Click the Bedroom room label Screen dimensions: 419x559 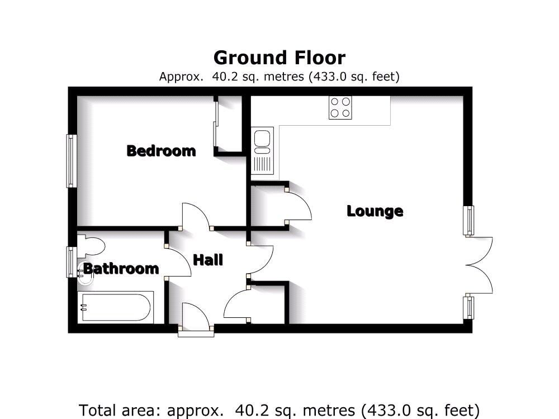(161, 151)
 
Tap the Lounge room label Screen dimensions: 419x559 (375, 211)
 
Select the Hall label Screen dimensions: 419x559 (208, 260)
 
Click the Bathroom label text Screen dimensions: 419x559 (121, 269)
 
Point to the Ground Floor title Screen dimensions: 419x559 (279, 58)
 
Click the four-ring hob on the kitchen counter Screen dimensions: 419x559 (340, 107)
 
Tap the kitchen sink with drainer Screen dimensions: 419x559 (262, 151)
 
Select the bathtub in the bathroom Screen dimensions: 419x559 (116, 307)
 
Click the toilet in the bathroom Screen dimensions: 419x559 (92, 245)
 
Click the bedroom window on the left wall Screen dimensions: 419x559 (71, 161)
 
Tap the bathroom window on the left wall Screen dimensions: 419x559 (70, 261)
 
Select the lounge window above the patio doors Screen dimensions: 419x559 (470, 220)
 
